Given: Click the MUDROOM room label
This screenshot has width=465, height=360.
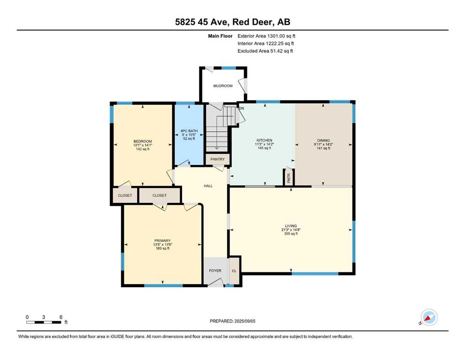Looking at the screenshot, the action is click(x=223, y=86).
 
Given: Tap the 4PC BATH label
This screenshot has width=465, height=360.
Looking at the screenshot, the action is click(x=189, y=131).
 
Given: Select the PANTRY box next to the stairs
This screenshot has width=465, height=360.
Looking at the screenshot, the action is click(x=217, y=159).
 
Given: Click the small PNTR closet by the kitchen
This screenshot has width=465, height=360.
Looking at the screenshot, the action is click(x=288, y=178).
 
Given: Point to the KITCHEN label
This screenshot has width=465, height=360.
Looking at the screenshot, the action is click(x=264, y=140).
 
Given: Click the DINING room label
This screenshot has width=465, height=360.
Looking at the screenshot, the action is click(x=323, y=141).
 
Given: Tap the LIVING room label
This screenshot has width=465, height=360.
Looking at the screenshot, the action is click(x=291, y=226).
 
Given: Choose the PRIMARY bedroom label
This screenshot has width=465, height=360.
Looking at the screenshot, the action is click(x=162, y=240).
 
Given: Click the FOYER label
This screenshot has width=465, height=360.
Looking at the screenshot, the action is click(x=215, y=270).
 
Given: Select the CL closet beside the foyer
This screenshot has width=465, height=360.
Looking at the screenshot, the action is click(x=234, y=270).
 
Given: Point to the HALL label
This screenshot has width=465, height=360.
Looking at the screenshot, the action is click(x=208, y=186).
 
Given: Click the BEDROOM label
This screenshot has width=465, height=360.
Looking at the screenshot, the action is click(x=143, y=141).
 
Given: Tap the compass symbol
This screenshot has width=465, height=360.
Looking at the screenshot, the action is click(x=429, y=317).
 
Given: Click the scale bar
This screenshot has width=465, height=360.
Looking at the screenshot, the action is click(x=44, y=322).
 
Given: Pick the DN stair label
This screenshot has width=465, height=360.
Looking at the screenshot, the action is click(x=241, y=108).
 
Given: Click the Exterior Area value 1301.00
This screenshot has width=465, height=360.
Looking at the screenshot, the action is click(x=276, y=36).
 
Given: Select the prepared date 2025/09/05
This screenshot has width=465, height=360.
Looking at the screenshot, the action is click(x=244, y=321).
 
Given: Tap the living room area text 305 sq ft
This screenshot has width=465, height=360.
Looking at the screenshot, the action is click(x=291, y=233).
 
